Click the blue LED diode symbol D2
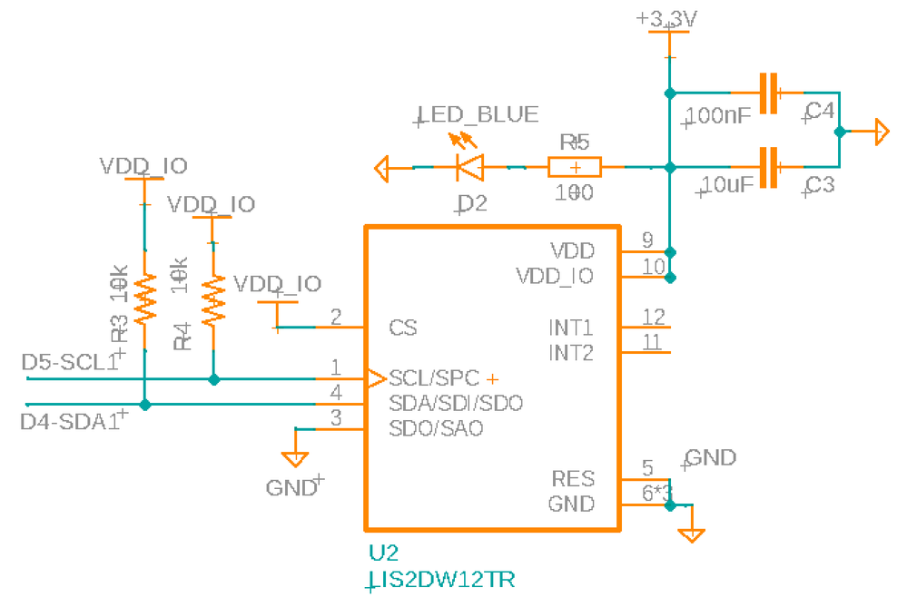(469, 167)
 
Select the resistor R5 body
(574, 167)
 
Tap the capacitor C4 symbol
(769, 93)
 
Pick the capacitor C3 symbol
(769, 167)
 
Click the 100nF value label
(718, 115)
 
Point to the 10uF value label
(727, 186)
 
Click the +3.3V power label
(669, 18)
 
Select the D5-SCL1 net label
(69, 362)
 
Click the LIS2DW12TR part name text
(442, 580)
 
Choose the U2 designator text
(382, 553)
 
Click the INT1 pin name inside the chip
(571, 327)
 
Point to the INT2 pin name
(571, 352)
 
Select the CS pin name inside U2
(402, 328)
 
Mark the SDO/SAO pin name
(436, 427)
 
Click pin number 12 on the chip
(653, 317)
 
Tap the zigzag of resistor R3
(144, 301)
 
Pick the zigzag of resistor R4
(213, 301)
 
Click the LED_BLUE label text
(478, 115)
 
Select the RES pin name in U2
(573, 478)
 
